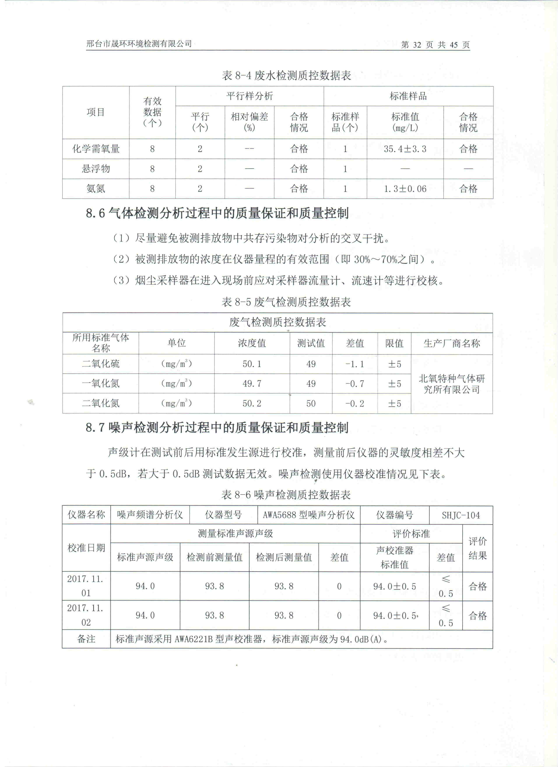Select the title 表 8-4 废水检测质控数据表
tap(286, 75)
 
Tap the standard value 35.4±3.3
tap(405, 149)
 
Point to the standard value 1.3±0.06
tap(405, 189)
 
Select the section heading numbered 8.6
tap(217, 213)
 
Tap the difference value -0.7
tap(354, 383)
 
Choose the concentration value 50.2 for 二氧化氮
tap(252, 403)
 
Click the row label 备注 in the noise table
tap(86, 639)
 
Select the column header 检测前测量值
tap(214, 557)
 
